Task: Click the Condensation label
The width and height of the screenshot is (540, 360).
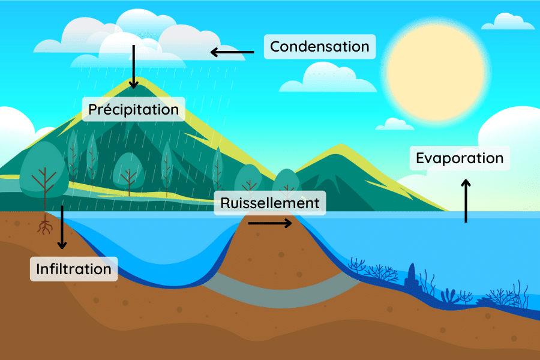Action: tap(320, 47)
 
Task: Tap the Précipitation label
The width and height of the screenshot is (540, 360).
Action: tap(134, 110)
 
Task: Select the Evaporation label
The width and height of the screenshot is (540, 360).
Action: tap(460, 158)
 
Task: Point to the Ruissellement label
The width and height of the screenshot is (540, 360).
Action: tap(270, 203)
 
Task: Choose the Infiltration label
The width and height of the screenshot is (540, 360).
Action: tap(74, 269)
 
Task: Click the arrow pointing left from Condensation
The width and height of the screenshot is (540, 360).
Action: tap(232, 53)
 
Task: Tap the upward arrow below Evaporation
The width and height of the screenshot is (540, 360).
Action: tap(466, 200)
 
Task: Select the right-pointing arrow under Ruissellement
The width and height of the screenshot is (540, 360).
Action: tap(270, 223)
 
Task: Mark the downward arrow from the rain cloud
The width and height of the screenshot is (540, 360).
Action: tap(133, 66)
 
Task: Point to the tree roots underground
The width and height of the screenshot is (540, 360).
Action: tap(44, 227)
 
